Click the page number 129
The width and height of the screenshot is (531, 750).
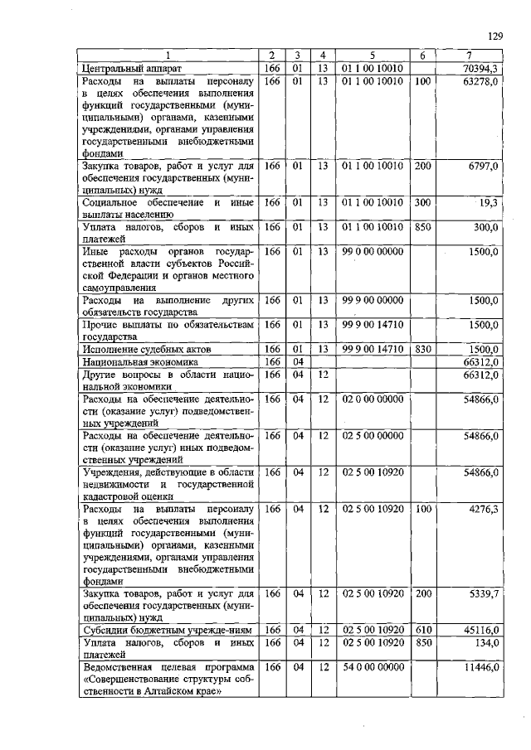(x=495, y=36)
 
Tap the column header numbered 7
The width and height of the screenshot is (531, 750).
(x=469, y=56)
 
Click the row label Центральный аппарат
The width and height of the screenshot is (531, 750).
(x=136, y=67)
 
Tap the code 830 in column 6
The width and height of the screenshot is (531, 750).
(x=422, y=350)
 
